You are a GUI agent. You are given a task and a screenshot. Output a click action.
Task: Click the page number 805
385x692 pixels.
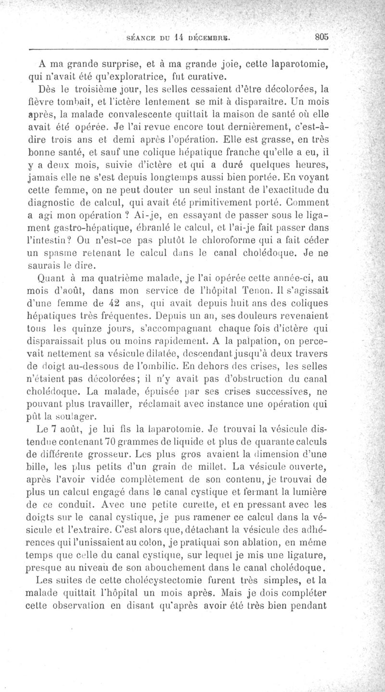[320, 36]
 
